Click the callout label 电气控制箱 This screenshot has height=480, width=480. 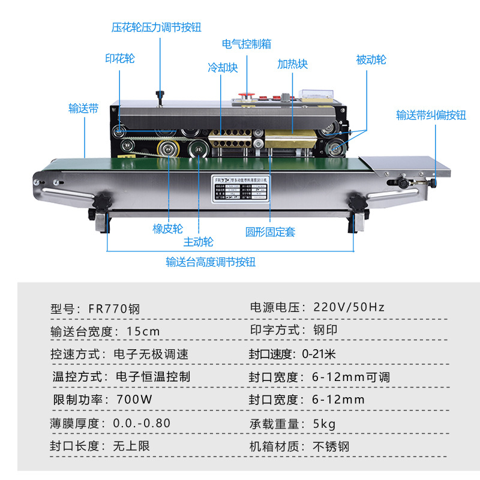click(x=247, y=44)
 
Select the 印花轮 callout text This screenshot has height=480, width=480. click(x=120, y=58)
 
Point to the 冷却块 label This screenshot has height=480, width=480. click(x=223, y=68)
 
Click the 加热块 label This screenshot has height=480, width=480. click(x=292, y=64)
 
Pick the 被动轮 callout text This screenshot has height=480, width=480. click(x=371, y=60)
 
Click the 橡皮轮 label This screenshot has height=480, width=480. click(x=168, y=229)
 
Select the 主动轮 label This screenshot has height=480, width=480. click(x=198, y=242)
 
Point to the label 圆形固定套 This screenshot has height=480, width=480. click(x=271, y=232)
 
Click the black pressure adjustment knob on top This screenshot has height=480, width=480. click(x=160, y=94)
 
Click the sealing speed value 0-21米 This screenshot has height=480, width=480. click(x=318, y=354)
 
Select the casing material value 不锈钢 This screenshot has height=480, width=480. click(x=330, y=446)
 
